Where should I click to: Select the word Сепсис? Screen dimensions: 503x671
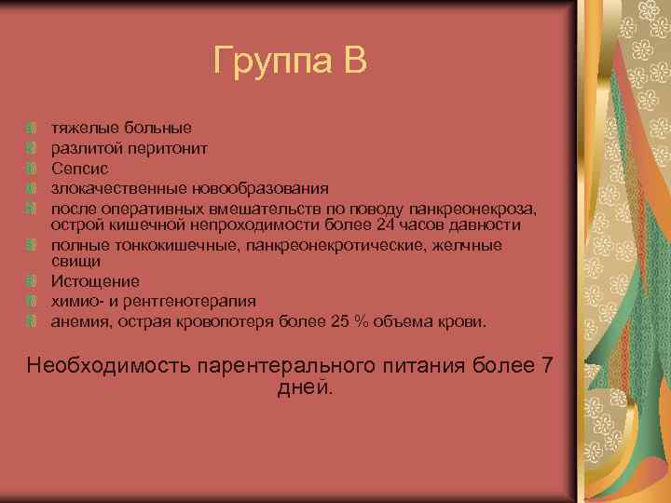click(x=79, y=169)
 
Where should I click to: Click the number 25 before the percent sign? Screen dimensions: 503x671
click(x=339, y=321)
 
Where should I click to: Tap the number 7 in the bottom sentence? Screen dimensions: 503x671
click(x=547, y=364)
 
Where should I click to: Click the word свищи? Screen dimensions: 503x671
click(x=72, y=263)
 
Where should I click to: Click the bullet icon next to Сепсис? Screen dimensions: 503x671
click(x=33, y=169)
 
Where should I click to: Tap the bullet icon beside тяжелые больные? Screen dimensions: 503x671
click(x=33, y=128)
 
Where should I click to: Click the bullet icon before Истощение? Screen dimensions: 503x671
click(x=33, y=281)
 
